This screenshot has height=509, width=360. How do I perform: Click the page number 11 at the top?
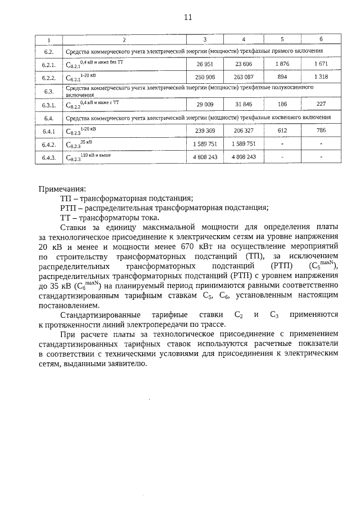[x=188, y=17]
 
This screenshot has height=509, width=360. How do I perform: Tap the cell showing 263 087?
[x=244, y=77]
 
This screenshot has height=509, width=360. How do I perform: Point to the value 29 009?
[x=204, y=104]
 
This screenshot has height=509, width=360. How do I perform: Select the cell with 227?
[x=321, y=104]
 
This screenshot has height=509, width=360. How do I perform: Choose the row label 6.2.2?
[x=48, y=78]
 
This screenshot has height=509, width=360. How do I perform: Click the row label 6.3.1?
[x=48, y=105]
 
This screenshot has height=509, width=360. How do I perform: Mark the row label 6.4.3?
[x=48, y=158]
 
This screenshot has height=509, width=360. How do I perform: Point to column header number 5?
[x=282, y=39]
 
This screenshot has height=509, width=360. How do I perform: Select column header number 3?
[x=204, y=39]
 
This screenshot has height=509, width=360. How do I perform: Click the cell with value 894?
[x=282, y=77]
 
